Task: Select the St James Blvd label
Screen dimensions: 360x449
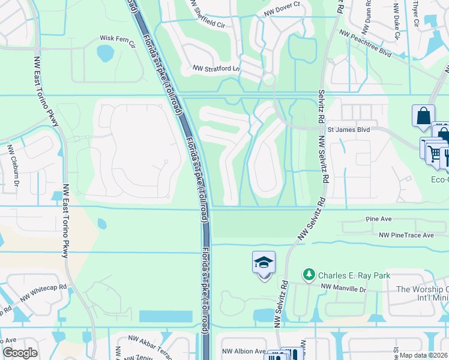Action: click(x=351, y=129)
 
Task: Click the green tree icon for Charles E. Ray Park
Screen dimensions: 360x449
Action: click(x=309, y=275)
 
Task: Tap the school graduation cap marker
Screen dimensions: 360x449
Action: click(x=264, y=263)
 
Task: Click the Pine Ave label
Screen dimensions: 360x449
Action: click(x=379, y=220)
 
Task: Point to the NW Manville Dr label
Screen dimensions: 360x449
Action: click(x=343, y=288)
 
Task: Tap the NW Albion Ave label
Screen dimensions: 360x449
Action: click(x=244, y=351)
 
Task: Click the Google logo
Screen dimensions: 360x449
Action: click(x=20, y=353)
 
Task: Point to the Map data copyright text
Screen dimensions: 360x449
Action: click(x=423, y=355)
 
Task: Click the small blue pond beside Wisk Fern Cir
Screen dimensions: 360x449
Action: click(x=106, y=53)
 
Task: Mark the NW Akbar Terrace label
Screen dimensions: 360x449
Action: click(x=148, y=347)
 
